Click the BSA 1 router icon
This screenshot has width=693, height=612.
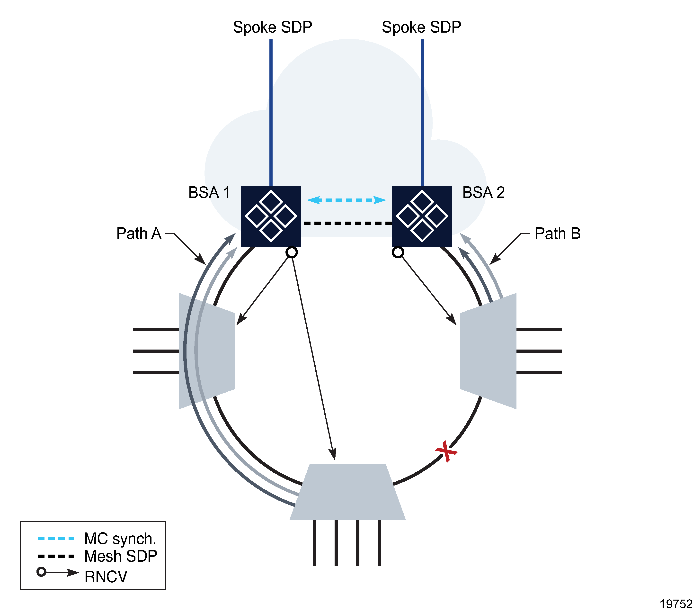271,216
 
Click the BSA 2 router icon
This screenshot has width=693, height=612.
422,216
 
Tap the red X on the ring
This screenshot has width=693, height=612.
446,451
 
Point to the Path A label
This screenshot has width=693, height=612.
139,234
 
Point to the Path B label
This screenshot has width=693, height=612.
557,234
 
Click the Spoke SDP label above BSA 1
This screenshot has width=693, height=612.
272,27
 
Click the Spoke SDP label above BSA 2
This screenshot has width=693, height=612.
421,27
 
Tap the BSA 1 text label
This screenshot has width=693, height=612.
209,193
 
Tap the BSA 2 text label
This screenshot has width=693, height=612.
483,193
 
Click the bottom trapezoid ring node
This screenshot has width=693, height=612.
347,492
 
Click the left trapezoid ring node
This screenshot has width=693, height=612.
207,351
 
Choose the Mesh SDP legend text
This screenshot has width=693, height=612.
121,556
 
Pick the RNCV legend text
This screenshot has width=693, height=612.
106,577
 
